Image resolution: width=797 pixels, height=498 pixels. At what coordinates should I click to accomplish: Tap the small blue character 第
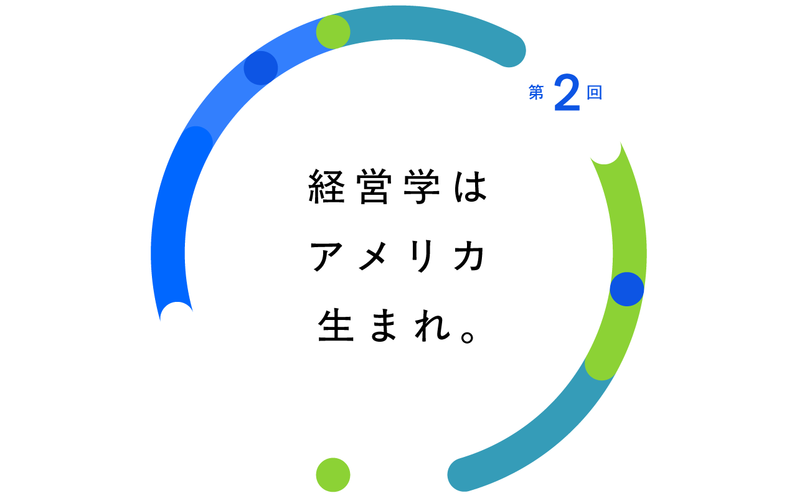(536, 93)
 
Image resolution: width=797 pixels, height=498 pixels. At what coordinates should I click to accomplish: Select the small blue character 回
(594, 93)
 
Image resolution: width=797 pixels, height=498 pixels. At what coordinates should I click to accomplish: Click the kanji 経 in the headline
(327, 186)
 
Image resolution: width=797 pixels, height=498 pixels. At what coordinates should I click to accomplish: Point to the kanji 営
(374, 186)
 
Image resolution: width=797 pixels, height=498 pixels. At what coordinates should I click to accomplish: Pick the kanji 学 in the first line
(422, 186)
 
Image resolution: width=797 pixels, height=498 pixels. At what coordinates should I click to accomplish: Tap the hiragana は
(470, 187)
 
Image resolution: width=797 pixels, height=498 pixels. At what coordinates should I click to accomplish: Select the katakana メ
(373, 256)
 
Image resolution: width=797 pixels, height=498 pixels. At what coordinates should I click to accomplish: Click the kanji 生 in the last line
(336, 326)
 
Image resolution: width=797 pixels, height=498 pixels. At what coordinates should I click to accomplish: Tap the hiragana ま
(384, 326)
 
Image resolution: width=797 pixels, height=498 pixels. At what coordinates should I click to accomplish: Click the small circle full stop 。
(468, 337)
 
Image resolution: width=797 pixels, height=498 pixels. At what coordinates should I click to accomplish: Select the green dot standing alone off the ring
(333, 475)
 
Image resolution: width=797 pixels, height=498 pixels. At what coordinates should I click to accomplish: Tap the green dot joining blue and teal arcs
(333, 32)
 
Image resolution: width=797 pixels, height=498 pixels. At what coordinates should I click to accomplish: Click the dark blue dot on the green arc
(627, 289)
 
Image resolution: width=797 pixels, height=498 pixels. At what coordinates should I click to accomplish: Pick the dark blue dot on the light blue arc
(261, 68)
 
